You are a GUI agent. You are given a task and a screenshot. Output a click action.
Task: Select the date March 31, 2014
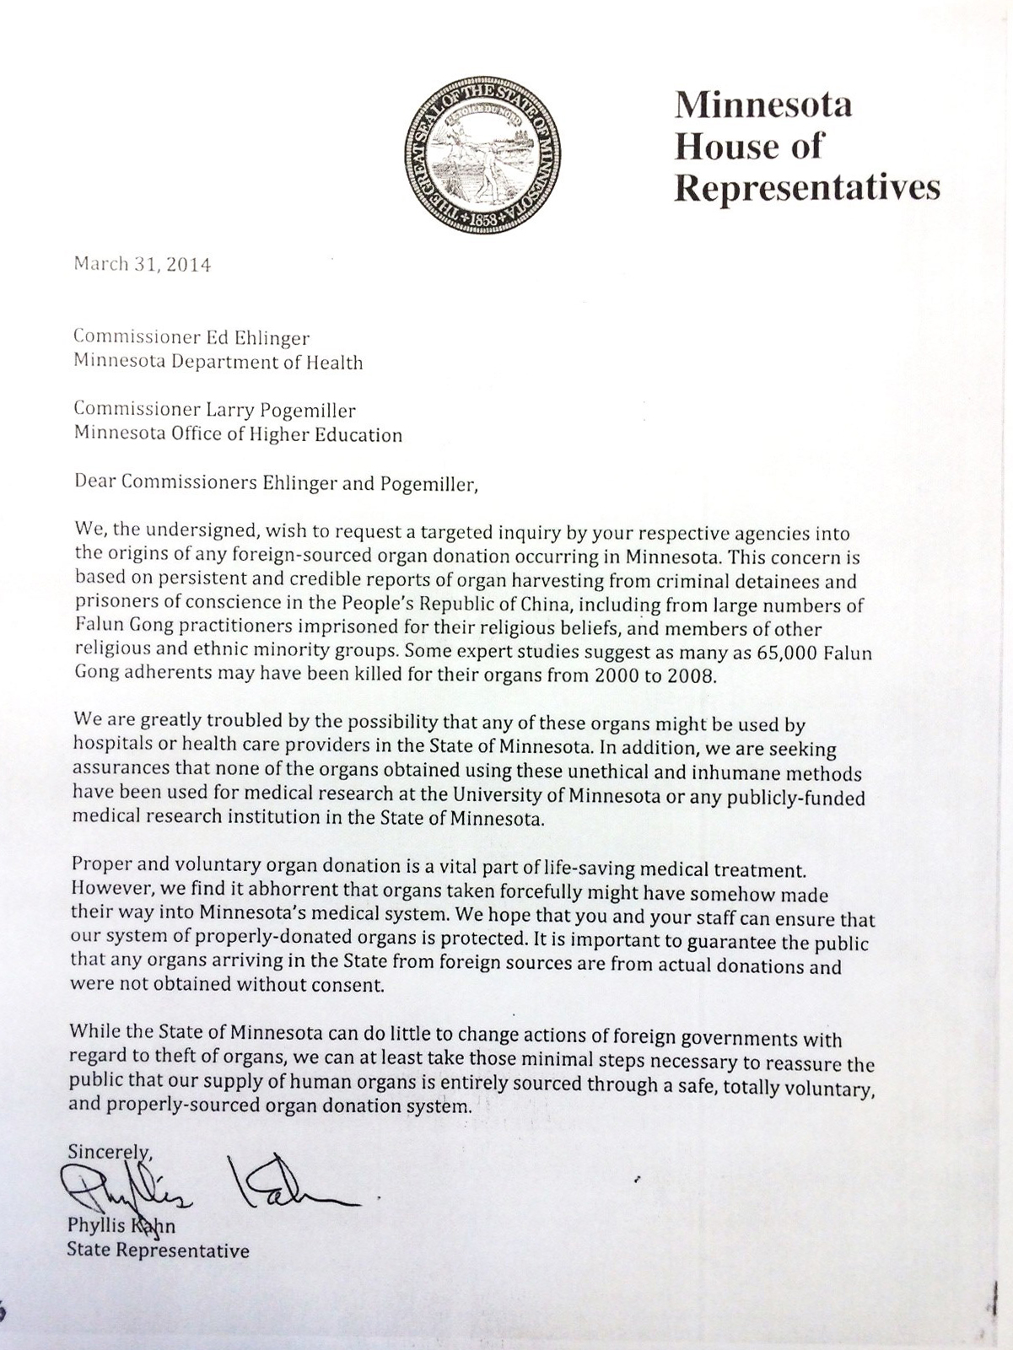(143, 264)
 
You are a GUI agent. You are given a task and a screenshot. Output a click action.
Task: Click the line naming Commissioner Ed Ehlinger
(192, 338)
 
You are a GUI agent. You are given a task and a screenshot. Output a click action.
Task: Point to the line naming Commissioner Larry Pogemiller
(215, 411)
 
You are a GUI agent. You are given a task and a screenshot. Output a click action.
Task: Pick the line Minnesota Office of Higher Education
(239, 435)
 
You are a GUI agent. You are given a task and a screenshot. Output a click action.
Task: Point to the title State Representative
(158, 1250)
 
